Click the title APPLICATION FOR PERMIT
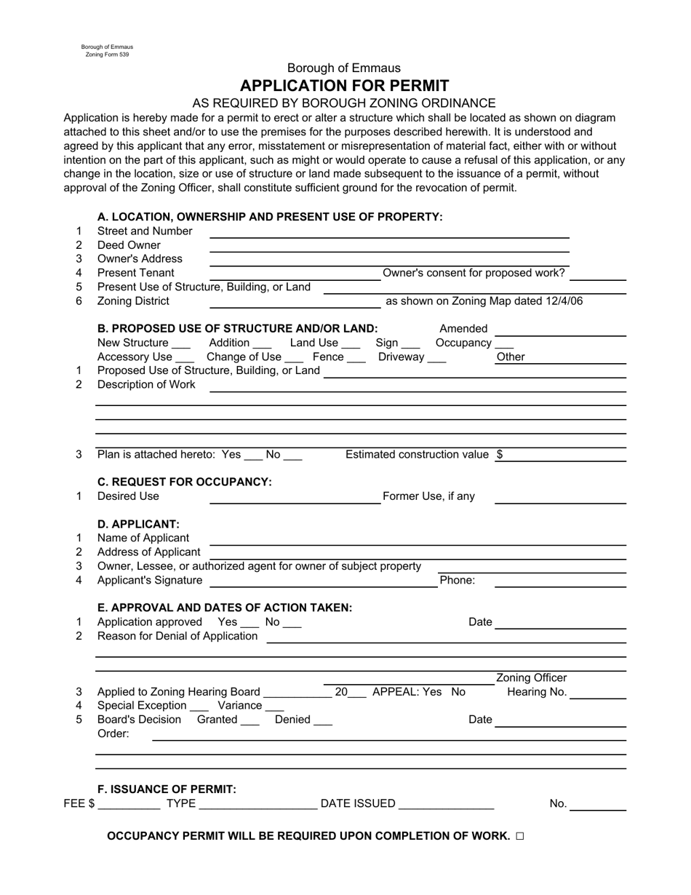pos(344,85)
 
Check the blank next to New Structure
pos(182,346)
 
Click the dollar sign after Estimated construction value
pos(500,455)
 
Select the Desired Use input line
pos(295,500)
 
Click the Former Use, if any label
pos(428,496)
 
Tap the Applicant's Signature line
pos(322,584)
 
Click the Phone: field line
pos(560,584)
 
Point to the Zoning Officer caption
pos(531,678)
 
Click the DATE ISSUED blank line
pos(447,807)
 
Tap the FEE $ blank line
pos(129,807)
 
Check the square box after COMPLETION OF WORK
pos(519,837)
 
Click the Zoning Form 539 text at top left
pos(107,55)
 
